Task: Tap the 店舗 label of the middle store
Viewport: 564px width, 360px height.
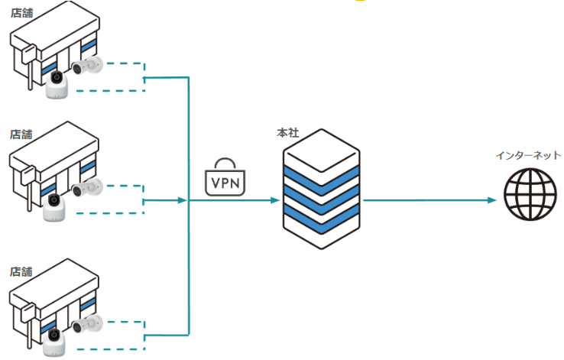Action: tap(21, 134)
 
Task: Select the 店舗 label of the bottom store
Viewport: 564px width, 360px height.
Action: tap(21, 271)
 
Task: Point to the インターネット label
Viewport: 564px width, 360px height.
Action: tap(528, 155)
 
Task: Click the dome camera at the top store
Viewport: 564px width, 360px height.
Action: tap(57, 83)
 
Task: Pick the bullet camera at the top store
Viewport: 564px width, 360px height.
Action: tap(89, 65)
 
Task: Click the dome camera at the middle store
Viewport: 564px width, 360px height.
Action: tap(55, 205)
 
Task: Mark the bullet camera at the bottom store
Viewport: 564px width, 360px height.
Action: tap(87, 323)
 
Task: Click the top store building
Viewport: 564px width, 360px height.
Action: tap(53, 50)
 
